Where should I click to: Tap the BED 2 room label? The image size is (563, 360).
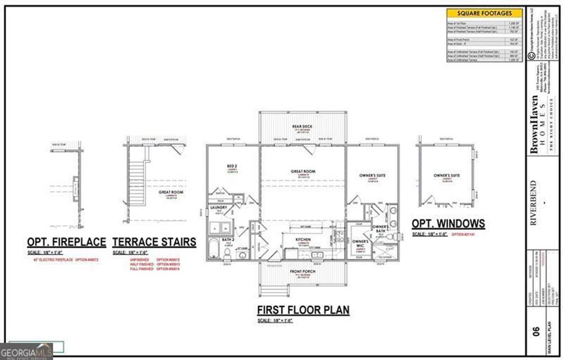[x=216, y=166]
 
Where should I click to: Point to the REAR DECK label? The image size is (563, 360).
[x=302, y=126]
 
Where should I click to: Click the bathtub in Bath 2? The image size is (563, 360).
[x=214, y=248]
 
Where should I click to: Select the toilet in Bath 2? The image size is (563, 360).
[x=227, y=253]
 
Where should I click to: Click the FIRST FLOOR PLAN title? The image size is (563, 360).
[x=303, y=310]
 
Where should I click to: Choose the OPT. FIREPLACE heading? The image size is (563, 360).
[x=66, y=241]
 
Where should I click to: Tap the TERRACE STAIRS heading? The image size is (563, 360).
[x=154, y=241]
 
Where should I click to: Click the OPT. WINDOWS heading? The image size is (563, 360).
[x=448, y=223]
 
